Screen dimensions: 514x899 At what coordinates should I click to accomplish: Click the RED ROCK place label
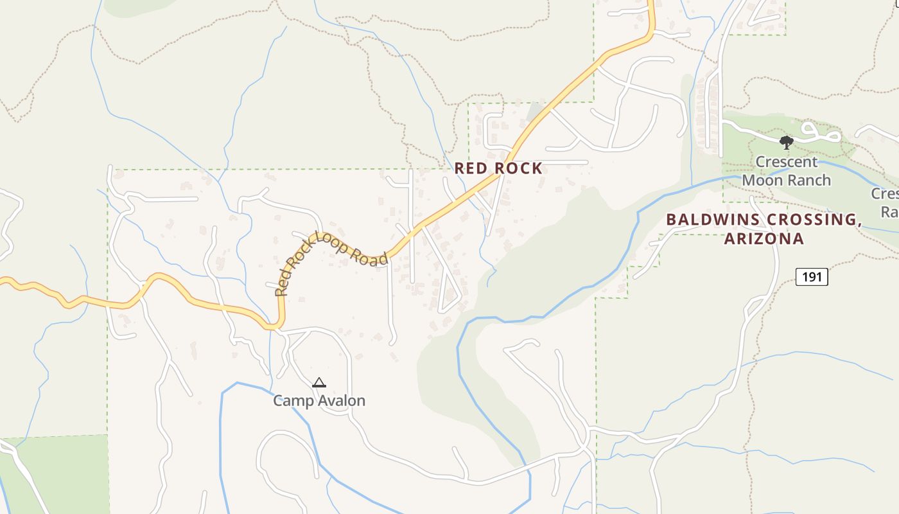point(498,168)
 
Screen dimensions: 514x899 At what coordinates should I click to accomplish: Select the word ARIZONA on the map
point(764,239)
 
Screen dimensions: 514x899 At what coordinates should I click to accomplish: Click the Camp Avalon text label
point(319,401)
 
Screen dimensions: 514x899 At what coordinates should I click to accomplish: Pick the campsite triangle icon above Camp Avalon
point(319,383)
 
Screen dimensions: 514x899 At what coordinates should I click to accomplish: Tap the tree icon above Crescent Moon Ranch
point(786,142)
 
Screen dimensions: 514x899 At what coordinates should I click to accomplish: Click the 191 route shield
point(812,277)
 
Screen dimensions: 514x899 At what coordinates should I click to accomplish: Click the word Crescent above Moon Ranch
point(787,162)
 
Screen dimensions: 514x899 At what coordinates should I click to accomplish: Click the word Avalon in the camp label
point(342,401)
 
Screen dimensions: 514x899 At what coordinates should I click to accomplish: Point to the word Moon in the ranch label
point(762,180)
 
